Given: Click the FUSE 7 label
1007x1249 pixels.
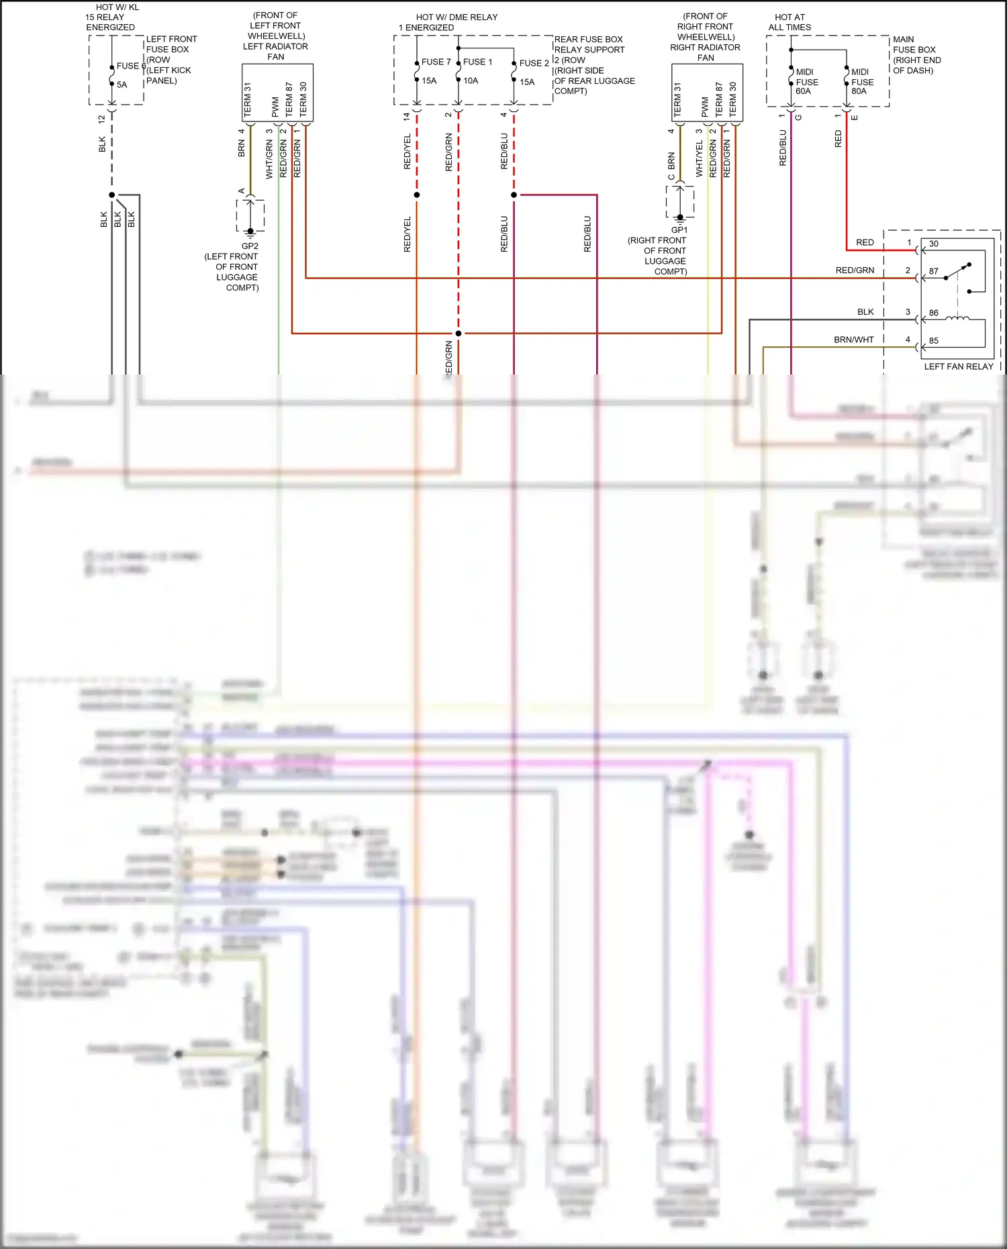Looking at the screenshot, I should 436,62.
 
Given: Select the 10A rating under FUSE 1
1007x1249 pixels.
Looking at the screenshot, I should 471,81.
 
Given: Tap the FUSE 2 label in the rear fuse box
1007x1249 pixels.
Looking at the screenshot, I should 534,63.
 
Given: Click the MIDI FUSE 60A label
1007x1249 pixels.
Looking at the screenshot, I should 806,81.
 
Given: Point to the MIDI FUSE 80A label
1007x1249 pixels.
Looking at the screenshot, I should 861,81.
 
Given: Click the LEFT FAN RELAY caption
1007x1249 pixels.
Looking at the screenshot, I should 958,366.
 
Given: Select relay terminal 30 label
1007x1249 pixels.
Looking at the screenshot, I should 934,244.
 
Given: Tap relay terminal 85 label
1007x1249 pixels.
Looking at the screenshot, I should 934,341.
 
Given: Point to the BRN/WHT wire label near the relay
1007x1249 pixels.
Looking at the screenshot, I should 853,340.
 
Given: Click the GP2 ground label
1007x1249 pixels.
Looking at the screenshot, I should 250,246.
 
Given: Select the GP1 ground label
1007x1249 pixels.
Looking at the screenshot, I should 679,230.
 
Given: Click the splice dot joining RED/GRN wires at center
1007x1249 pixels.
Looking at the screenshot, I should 459,334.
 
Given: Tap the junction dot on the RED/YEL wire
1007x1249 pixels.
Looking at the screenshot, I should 417,195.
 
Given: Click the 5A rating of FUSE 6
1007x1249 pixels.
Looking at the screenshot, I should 122,85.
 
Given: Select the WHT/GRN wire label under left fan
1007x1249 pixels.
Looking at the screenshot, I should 269,159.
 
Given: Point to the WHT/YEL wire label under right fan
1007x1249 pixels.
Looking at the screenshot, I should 700,158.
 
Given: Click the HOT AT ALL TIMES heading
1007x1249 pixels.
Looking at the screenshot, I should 789,22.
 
